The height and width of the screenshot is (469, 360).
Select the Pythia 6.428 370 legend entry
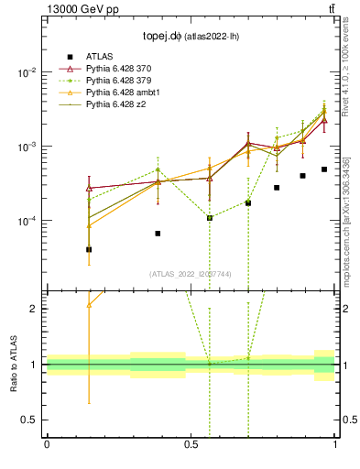point(119,69)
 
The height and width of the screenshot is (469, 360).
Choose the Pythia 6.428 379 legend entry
point(119,81)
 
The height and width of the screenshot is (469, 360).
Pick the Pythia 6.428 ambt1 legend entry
point(123,93)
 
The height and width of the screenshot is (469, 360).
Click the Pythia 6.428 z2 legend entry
point(115,104)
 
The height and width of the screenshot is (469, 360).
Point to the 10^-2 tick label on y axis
point(27,72)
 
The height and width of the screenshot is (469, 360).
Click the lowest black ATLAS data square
point(89,249)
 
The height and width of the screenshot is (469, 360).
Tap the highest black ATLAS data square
point(324,169)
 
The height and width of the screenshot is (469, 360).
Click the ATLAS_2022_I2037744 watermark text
point(191,274)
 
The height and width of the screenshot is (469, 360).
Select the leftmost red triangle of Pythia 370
point(89,188)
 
